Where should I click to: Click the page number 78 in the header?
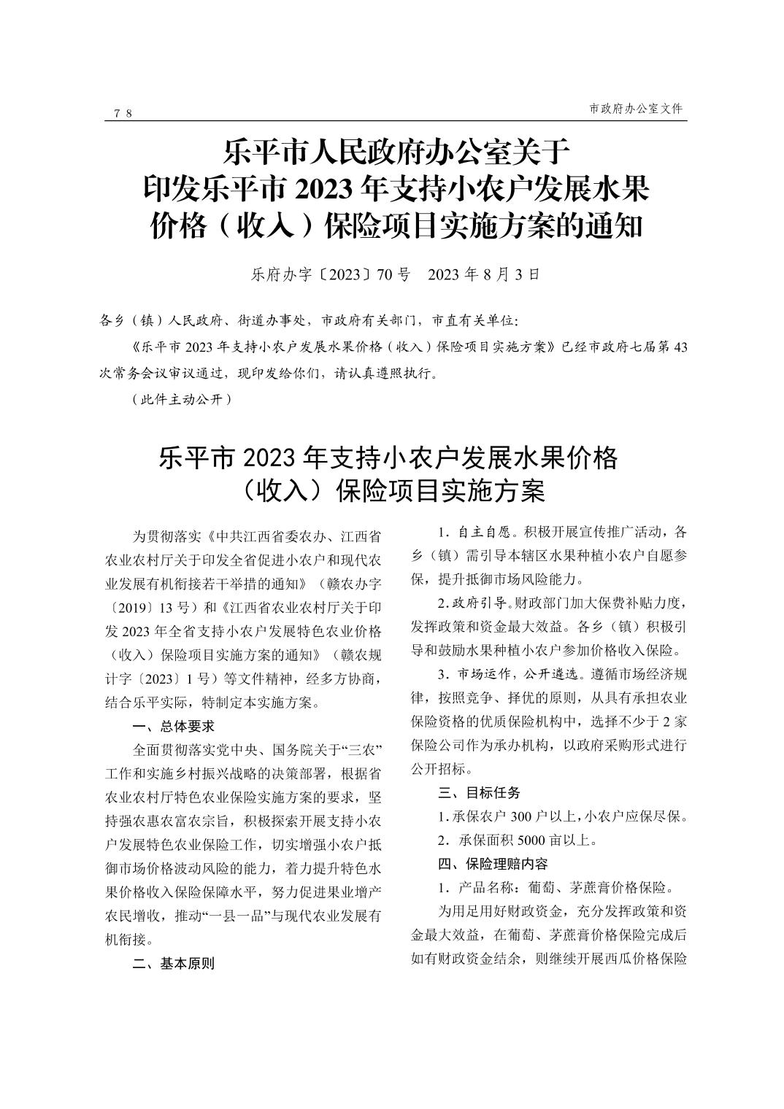click(123, 112)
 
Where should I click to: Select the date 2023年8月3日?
click(483, 275)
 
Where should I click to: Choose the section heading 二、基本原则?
click(173, 963)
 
